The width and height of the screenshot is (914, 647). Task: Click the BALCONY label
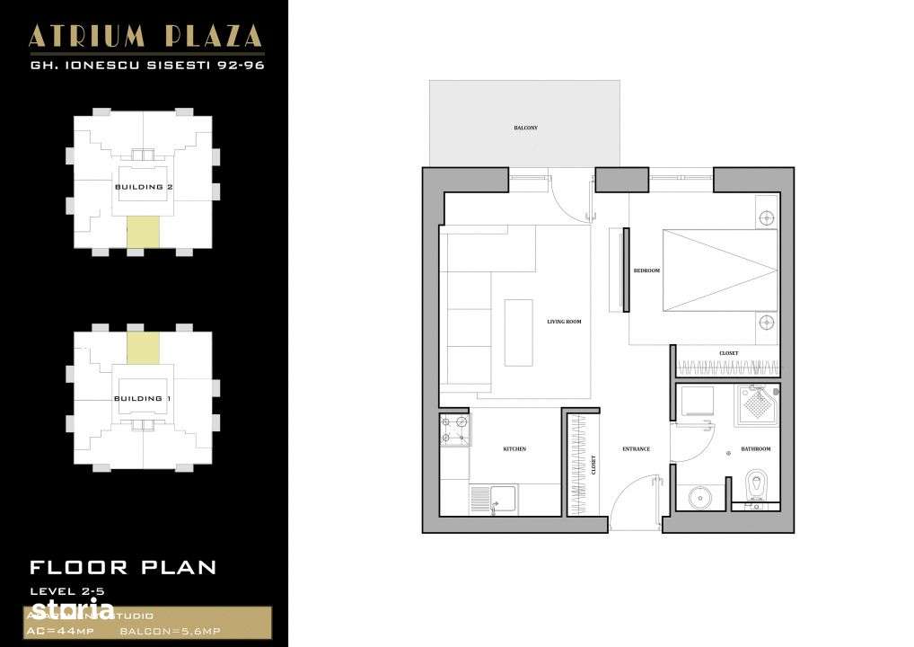coord(525,129)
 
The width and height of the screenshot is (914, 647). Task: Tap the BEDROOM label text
coord(646,270)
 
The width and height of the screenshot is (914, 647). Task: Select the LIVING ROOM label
coord(564,322)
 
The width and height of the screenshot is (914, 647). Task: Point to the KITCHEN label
coord(514,449)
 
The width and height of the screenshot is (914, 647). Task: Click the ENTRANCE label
coord(636,449)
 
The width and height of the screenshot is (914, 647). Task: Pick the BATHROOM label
coord(756,448)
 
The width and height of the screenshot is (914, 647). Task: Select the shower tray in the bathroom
coord(758,404)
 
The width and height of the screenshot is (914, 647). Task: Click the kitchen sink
coord(494,500)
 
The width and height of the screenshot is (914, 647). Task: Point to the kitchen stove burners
coord(454,430)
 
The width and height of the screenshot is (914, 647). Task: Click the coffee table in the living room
coord(518,332)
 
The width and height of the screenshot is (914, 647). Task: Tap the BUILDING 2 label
coord(144,187)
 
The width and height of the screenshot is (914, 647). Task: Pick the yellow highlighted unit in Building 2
coord(143,232)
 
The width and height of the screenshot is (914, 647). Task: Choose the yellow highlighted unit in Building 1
coord(143,348)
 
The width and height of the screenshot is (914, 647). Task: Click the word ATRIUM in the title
coord(80,36)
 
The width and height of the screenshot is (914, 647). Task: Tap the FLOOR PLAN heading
coord(123,567)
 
